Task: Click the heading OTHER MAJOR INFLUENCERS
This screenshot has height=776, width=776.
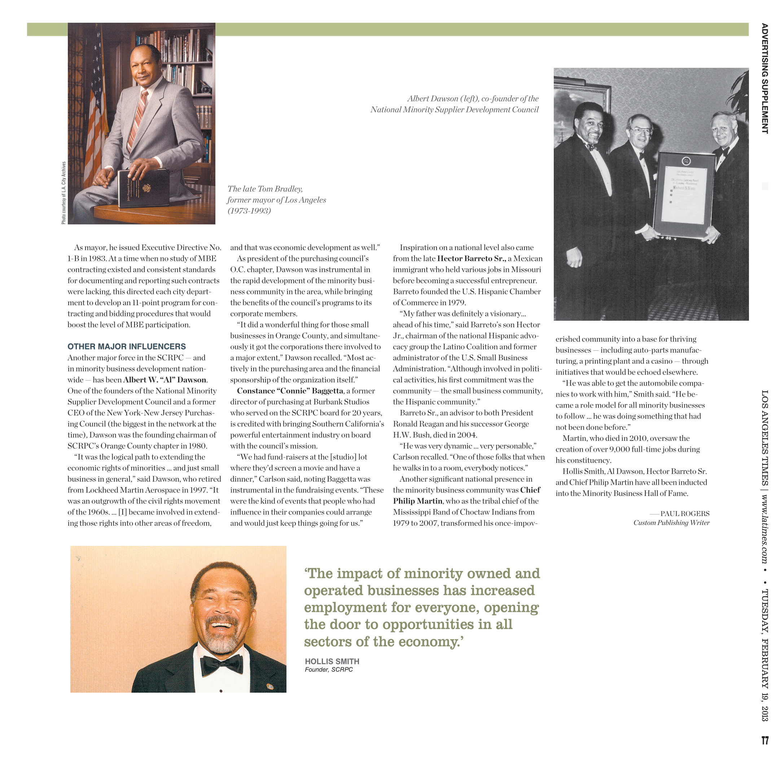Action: [127, 347]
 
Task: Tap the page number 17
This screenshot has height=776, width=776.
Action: [765, 740]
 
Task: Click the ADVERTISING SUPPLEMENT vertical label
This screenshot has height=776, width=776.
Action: [764, 78]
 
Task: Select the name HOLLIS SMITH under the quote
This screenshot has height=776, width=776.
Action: [332, 662]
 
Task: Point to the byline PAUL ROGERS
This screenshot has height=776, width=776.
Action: [684, 514]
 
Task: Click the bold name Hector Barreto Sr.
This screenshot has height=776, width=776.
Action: [472, 259]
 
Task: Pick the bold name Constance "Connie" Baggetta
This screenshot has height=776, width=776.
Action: [290, 391]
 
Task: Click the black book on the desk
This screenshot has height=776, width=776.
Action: [143, 188]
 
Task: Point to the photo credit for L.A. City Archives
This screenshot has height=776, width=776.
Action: [63, 193]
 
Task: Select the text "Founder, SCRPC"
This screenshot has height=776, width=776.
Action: [329, 670]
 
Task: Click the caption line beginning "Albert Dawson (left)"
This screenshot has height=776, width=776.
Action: [472, 99]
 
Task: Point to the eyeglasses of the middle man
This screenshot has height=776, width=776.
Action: [641, 131]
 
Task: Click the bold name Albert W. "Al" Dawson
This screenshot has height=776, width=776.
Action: [165, 380]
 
